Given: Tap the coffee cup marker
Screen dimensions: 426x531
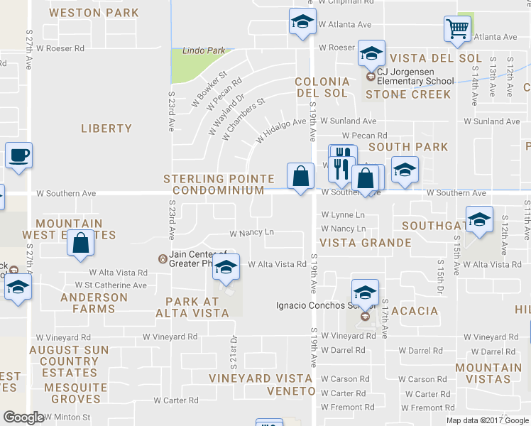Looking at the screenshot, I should [x=18, y=155].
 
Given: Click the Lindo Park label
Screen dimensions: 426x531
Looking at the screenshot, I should [x=204, y=51].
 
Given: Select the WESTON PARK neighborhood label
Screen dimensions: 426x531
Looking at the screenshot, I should [x=94, y=13].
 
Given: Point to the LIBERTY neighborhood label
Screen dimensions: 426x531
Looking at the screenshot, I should [x=106, y=129].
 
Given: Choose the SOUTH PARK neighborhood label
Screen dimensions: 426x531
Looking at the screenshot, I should [x=408, y=147].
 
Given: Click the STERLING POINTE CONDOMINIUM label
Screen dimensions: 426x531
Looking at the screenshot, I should [x=214, y=185].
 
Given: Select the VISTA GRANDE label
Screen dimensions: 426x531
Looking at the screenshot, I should [x=366, y=243].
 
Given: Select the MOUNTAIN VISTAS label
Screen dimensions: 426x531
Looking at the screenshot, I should [x=488, y=373].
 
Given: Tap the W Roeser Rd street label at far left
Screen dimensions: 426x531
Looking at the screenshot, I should [x=60, y=49].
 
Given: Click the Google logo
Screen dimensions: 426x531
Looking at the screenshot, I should [x=24, y=417].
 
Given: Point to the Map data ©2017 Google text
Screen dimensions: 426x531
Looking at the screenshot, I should [x=487, y=420].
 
